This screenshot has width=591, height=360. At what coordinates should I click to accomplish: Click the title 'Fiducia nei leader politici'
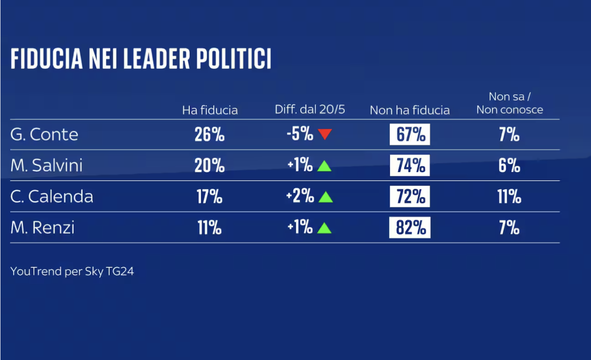tap(140, 59)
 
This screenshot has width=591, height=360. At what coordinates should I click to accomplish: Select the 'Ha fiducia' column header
tap(210, 110)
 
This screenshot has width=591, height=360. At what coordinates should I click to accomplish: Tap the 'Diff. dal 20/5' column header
tap(310, 110)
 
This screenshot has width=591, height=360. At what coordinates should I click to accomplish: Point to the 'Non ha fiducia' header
tap(410, 110)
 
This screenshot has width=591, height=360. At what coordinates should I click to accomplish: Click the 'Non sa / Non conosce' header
tap(509, 103)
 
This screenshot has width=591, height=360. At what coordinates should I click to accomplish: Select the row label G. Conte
tap(44, 135)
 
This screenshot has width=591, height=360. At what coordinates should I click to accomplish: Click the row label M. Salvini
tap(47, 165)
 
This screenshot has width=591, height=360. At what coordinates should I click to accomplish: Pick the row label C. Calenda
tap(52, 196)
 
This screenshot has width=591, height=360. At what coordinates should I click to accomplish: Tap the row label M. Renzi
tap(43, 228)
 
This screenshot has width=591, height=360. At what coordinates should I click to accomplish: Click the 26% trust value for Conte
tap(209, 135)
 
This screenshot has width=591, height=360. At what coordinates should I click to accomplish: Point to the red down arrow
tap(325, 134)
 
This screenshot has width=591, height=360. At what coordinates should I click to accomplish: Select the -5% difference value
tap(300, 135)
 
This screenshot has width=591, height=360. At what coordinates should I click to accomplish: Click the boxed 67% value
tap(410, 135)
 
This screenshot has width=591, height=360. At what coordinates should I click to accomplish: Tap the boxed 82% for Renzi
tap(410, 228)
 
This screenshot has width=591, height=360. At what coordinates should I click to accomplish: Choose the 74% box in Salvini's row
tap(410, 166)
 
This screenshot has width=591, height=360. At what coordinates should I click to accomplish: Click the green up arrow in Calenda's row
tap(325, 197)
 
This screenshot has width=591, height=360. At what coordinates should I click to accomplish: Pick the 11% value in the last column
tap(509, 197)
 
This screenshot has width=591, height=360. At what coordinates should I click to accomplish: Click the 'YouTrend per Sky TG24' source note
tap(72, 272)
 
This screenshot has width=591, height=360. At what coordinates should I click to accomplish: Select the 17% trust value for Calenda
tap(209, 197)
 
